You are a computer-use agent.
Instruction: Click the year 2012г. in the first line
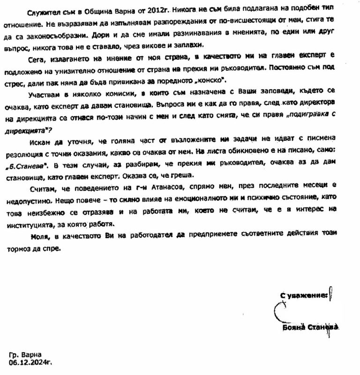point(157,10)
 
